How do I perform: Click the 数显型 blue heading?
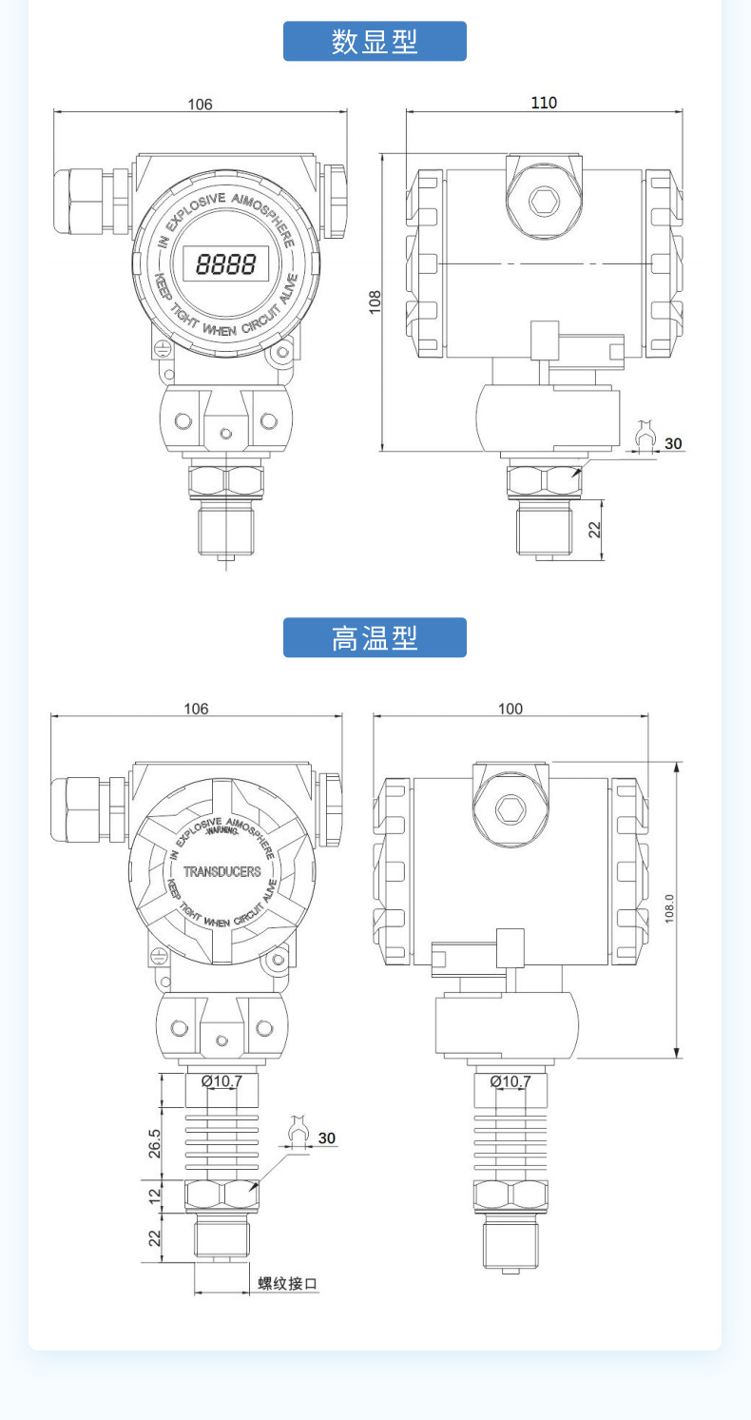point(375,42)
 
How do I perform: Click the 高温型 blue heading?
point(375,637)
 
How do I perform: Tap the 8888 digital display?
point(225,263)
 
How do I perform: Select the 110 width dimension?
point(544,103)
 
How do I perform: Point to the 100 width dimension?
point(510,709)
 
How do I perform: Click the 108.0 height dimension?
point(668,908)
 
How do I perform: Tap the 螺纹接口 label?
point(288,1284)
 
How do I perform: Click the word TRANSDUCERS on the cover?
point(221,871)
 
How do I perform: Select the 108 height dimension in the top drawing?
point(375,302)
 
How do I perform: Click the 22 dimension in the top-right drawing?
point(595,530)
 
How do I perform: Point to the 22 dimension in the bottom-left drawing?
point(155,1238)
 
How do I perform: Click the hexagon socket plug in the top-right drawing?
point(544,202)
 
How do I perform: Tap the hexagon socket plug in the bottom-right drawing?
point(510,809)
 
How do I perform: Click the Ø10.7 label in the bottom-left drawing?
point(221,1080)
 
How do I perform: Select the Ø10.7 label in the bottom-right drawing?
point(510,1080)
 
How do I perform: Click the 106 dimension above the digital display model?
point(200,104)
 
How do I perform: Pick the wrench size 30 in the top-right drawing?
point(673,443)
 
